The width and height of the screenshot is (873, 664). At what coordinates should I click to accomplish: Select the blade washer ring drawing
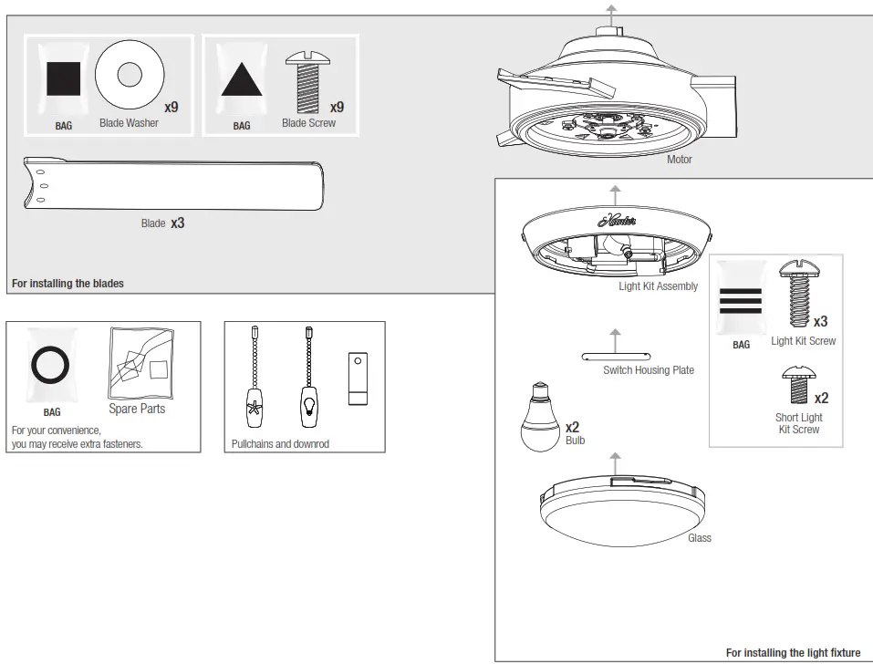[x=130, y=73]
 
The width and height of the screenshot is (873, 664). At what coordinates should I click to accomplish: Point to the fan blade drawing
[x=173, y=183]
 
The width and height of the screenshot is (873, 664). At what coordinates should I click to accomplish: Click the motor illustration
[x=607, y=100]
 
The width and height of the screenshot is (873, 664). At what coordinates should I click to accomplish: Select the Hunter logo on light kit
[x=617, y=220]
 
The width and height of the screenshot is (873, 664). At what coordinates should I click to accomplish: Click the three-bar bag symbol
[x=741, y=301]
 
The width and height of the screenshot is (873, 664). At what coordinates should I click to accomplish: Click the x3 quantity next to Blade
[x=177, y=223]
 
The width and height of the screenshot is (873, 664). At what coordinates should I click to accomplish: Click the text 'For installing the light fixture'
[x=792, y=653]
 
